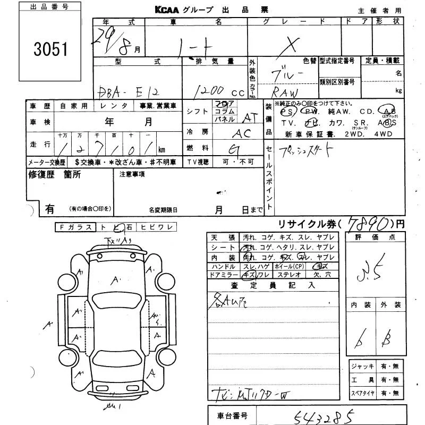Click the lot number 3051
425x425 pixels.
click(50, 50)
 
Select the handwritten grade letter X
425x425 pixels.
click(290, 45)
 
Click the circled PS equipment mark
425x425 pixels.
click(287, 112)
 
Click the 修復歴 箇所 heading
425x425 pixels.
click(55, 175)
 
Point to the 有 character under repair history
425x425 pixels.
click(49, 209)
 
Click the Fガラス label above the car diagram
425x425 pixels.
click(75, 227)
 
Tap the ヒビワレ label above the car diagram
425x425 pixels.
click(156, 227)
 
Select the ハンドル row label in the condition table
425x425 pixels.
click(224, 266)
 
